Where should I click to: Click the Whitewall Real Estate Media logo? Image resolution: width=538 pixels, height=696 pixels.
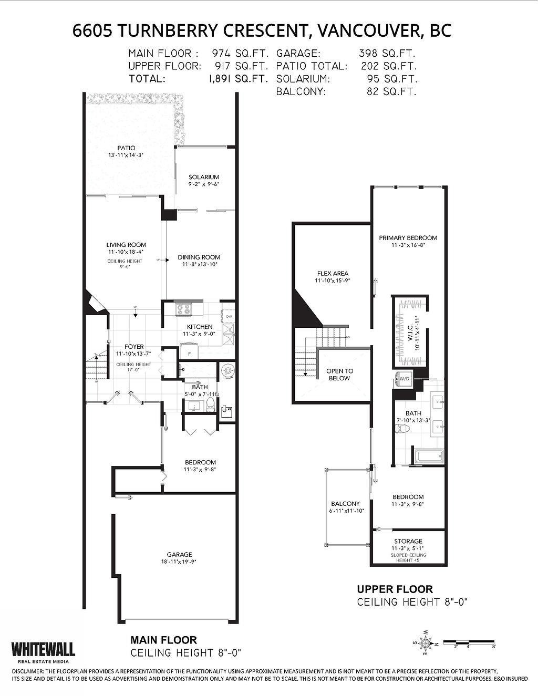[x=43, y=649]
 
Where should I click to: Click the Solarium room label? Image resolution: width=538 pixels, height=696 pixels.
[x=204, y=177]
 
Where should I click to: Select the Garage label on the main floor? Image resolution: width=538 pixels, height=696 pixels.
[x=180, y=554]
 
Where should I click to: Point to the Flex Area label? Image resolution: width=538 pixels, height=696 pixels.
[x=332, y=273]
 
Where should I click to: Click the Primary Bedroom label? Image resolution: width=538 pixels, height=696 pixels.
[x=408, y=237]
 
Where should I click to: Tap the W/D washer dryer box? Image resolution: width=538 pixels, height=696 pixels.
[x=405, y=378]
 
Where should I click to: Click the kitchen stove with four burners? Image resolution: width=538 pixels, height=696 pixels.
[x=184, y=310]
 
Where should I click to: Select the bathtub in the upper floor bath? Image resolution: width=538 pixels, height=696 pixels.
[x=429, y=456]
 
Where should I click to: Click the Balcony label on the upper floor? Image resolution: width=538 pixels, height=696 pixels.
[x=345, y=503]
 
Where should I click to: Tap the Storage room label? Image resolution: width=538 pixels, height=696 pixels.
[x=408, y=541]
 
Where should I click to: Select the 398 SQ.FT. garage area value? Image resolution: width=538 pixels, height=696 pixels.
[x=387, y=54]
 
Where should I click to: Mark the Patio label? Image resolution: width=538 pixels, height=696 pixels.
[x=126, y=148]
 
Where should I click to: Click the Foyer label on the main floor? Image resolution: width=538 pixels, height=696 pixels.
[x=133, y=347]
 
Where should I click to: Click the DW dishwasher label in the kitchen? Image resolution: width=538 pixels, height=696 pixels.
[x=229, y=317]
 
